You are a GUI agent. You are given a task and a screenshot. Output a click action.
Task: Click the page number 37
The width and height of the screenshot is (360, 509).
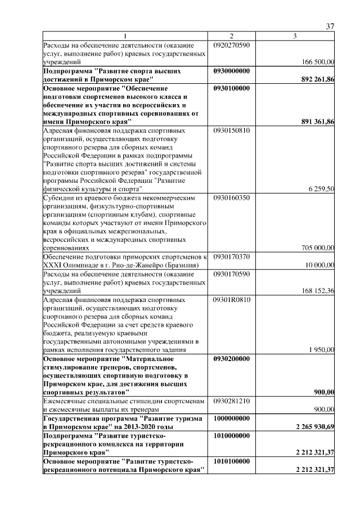pos(330,27)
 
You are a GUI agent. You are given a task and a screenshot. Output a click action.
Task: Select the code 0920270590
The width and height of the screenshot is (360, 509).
pos(232,45)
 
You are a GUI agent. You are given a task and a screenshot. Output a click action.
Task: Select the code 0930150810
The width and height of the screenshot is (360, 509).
pos(232,130)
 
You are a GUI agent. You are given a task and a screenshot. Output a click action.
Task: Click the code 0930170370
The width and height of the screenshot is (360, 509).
pos(232,257)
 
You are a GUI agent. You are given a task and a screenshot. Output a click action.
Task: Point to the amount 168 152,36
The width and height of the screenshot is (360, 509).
pos(318,290)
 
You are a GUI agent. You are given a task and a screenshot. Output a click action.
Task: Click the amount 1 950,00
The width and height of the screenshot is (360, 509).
pos(322,349)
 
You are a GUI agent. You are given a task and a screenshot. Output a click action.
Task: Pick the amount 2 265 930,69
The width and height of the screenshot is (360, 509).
pos(315,427)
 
